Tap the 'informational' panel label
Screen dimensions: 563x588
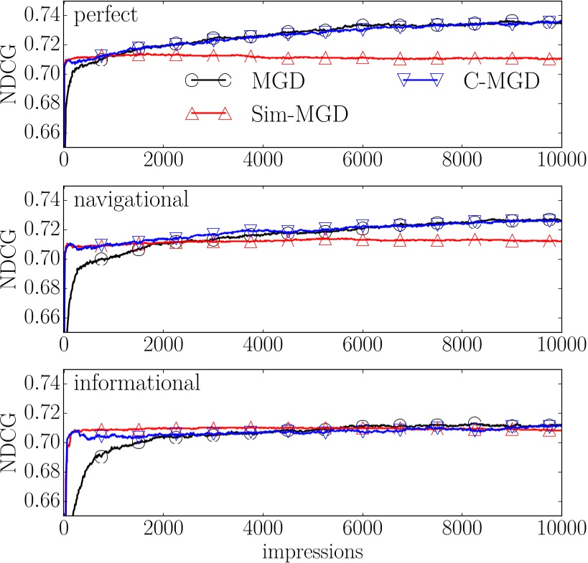136,384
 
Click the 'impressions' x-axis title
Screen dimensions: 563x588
312,552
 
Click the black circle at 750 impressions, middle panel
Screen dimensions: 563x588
101,260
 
